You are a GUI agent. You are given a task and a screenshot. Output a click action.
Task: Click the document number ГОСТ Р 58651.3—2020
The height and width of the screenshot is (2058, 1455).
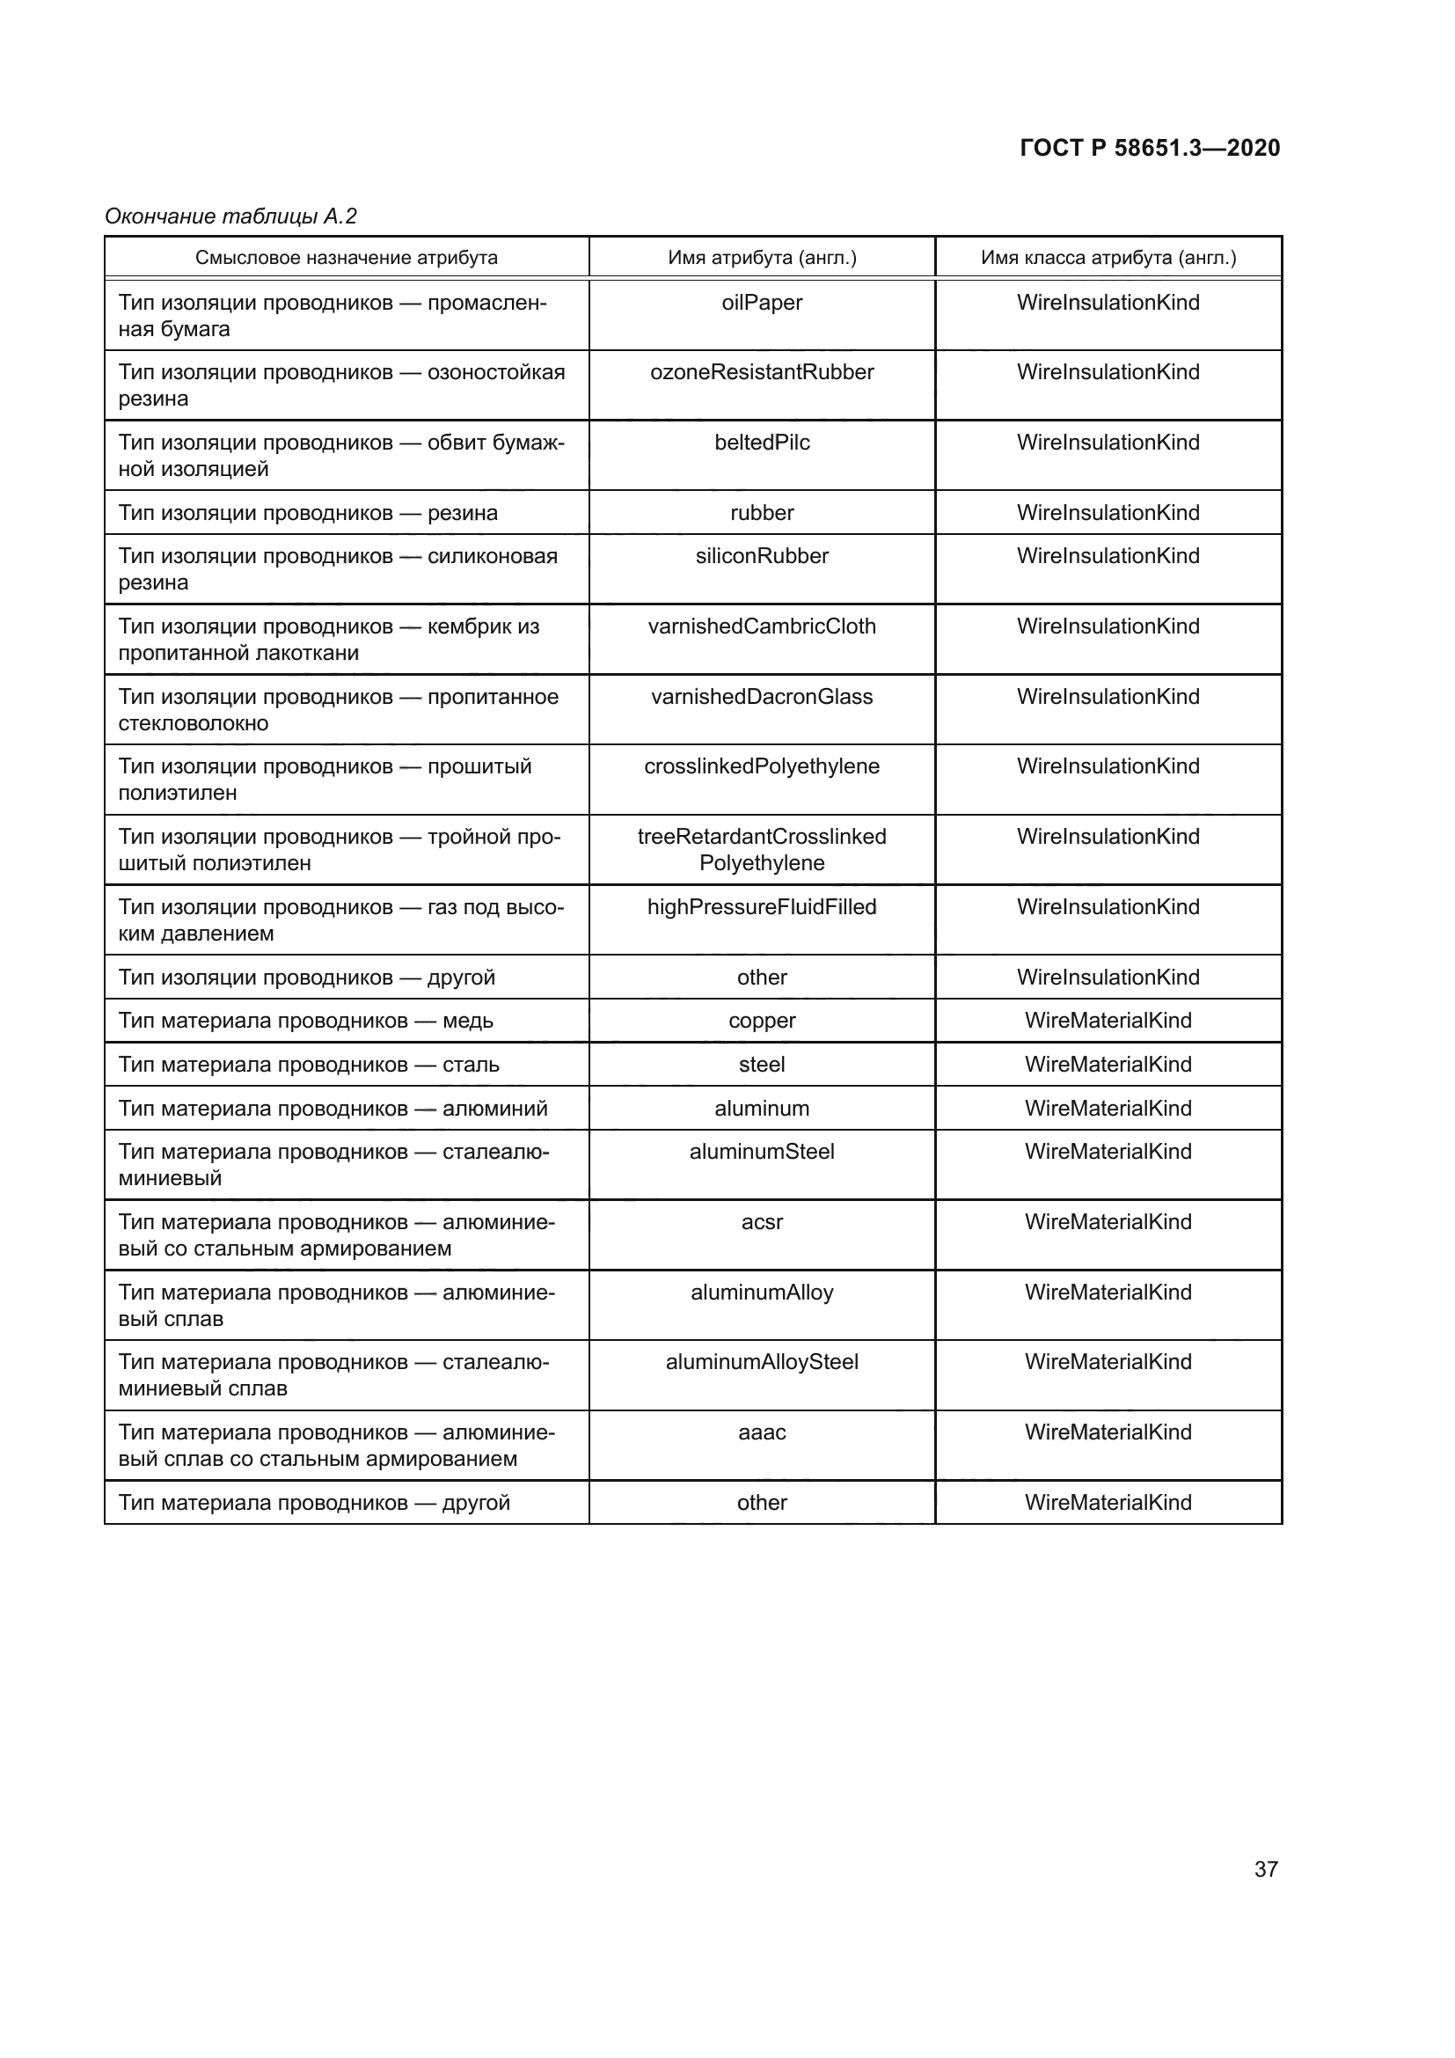(1150, 148)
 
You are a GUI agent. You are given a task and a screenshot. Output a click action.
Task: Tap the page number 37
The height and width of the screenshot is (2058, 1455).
(1265, 1869)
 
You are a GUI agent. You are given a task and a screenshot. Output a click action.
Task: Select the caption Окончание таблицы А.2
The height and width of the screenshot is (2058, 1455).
(231, 216)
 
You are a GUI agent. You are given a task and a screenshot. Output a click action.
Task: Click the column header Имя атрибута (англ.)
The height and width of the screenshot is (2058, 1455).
(762, 258)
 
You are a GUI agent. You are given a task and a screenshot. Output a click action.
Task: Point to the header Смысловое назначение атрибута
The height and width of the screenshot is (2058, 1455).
(346, 258)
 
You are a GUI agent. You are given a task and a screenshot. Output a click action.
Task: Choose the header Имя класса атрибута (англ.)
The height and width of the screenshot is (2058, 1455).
(1108, 258)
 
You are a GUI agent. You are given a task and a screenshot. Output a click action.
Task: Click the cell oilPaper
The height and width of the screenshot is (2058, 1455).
(762, 303)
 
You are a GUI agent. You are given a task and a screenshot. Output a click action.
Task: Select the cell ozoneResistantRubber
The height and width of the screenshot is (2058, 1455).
(762, 373)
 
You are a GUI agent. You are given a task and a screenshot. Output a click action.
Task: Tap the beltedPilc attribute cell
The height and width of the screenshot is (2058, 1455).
(762, 443)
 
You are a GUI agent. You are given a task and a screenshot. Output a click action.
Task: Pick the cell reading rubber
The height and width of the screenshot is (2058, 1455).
(762, 513)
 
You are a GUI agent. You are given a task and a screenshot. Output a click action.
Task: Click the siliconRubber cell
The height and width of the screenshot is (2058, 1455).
(762, 557)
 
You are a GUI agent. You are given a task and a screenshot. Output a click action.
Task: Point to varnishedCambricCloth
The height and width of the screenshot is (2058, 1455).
(762, 626)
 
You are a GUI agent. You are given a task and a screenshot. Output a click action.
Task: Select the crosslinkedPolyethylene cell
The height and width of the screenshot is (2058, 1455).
(762, 766)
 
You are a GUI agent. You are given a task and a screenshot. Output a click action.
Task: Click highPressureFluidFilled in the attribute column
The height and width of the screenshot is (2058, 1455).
(762, 907)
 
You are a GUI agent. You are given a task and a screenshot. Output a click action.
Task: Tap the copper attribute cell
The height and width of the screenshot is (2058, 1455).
(762, 1021)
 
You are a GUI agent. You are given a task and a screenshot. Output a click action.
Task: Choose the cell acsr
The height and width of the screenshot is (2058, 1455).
(762, 1223)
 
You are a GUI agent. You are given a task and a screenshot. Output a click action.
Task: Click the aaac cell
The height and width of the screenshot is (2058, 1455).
(762, 1432)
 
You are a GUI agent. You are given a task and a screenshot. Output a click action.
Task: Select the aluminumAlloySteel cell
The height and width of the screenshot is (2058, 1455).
(762, 1362)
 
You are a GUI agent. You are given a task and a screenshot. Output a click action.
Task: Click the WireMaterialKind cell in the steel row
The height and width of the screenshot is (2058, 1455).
(1108, 1065)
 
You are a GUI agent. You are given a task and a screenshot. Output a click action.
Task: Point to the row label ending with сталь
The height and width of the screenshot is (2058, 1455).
(309, 1065)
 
